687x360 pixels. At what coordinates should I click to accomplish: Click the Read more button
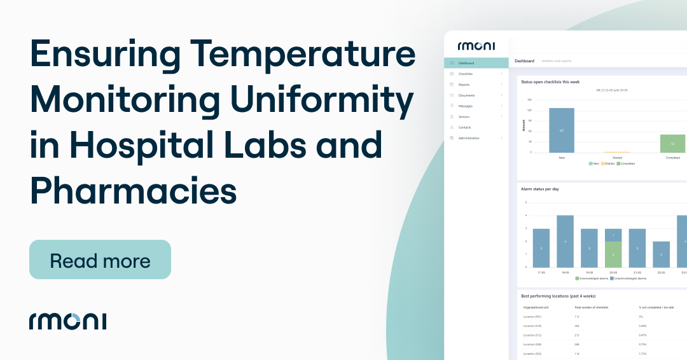click(x=100, y=260)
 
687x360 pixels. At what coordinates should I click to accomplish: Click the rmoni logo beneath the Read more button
click(x=67, y=321)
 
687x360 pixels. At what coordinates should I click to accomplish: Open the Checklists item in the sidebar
click(x=466, y=74)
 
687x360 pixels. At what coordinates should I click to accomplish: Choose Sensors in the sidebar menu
click(x=464, y=117)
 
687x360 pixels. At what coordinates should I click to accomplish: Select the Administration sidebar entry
click(x=469, y=138)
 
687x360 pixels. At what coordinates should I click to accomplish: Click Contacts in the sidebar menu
click(x=464, y=127)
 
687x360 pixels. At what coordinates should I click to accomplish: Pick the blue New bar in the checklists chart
click(x=561, y=130)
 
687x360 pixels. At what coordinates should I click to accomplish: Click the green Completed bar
click(x=672, y=143)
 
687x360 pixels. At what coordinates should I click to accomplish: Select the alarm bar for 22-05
click(x=661, y=254)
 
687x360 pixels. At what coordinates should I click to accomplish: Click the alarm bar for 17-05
click(x=541, y=248)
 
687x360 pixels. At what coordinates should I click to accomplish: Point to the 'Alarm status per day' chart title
click(x=539, y=189)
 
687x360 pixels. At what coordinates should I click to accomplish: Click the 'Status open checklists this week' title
click(x=550, y=82)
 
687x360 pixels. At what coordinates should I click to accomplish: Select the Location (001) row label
click(x=532, y=316)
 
